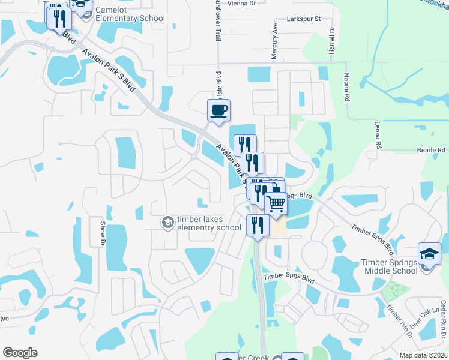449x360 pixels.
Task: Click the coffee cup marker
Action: [218, 110]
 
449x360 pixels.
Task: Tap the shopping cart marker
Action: [276, 204]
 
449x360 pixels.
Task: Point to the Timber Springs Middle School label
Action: [389, 266]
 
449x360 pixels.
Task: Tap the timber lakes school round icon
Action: [167, 223]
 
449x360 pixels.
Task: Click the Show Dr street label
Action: [101, 232]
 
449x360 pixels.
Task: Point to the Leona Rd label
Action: [379, 136]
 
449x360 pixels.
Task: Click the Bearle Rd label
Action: [432, 150]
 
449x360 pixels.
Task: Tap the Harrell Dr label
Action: [331, 41]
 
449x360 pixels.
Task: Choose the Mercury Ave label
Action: [274, 41]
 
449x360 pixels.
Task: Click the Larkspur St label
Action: [304, 20]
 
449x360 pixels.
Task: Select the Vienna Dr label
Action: [242, 3]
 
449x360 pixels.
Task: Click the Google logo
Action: [20, 353]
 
